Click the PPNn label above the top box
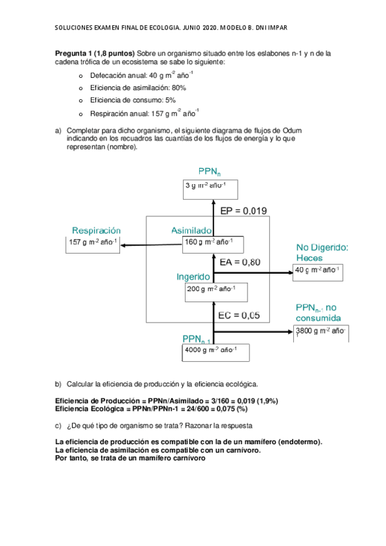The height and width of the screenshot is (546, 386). (x=209, y=171)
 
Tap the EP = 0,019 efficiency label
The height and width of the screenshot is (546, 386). (x=244, y=211)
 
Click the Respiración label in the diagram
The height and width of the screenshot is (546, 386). (x=96, y=230)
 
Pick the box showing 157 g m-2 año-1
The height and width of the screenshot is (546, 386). (x=94, y=245)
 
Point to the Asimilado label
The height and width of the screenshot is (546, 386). (x=191, y=230)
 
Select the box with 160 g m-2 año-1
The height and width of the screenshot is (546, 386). (x=212, y=243)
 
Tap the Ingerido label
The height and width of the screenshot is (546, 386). (x=193, y=276)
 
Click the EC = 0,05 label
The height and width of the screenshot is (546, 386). (x=239, y=315)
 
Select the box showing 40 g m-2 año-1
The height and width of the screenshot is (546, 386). (x=318, y=272)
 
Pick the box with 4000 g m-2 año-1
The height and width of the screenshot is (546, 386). (x=215, y=352)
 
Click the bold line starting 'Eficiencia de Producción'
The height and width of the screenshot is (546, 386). (x=166, y=400)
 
